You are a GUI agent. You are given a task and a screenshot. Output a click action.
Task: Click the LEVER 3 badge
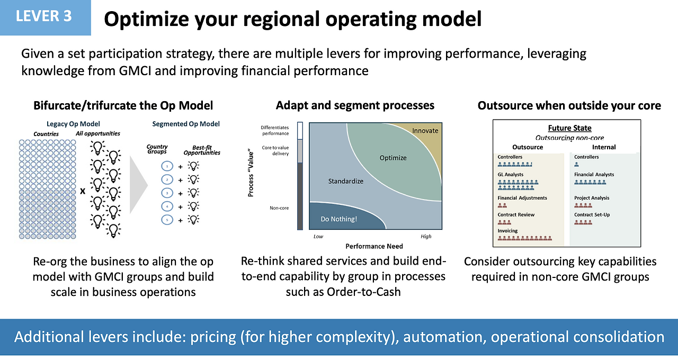pyautogui.click(x=45, y=17)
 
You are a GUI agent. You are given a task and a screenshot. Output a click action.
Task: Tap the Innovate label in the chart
pyautogui.click(x=425, y=131)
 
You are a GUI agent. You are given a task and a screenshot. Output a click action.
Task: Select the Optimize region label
pyautogui.click(x=393, y=158)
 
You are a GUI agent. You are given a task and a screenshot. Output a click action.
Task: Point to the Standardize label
pyautogui.click(x=346, y=181)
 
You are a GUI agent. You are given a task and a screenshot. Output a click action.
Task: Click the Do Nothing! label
pyautogui.click(x=338, y=219)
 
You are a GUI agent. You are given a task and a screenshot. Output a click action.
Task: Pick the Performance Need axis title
pyautogui.click(x=374, y=246)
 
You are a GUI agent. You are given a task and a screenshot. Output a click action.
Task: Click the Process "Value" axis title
pyautogui.click(x=251, y=173)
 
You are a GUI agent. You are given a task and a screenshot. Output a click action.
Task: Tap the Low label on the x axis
pyautogui.click(x=318, y=236)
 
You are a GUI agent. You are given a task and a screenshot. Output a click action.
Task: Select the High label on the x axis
pyautogui.click(x=426, y=236)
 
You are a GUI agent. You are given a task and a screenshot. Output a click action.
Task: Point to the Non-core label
pyautogui.click(x=279, y=208)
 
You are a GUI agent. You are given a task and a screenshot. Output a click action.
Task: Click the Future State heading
pyautogui.click(x=569, y=128)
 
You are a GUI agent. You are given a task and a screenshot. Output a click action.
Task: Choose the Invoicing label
pyautogui.click(x=507, y=230)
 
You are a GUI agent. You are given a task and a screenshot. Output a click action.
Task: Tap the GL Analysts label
pyautogui.click(x=510, y=175)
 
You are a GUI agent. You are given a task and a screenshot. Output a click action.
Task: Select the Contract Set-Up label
pyautogui.click(x=592, y=215)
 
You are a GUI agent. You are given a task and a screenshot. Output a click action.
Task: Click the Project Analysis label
pyautogui.click(x=592, y=198)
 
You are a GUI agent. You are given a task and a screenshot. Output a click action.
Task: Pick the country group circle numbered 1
pyautogui.click(x=167, y=166)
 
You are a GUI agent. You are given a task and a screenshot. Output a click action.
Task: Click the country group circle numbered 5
pyautogui.click(x=167, y=220)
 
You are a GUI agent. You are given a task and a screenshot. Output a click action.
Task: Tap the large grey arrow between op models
pyautogui.click(x=139, y=185)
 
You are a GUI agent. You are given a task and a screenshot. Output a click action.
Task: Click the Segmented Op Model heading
pyautogui.click(x=186, y=124)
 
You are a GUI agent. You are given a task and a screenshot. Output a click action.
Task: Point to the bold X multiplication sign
pyautogui.click(x=83, y=191)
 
